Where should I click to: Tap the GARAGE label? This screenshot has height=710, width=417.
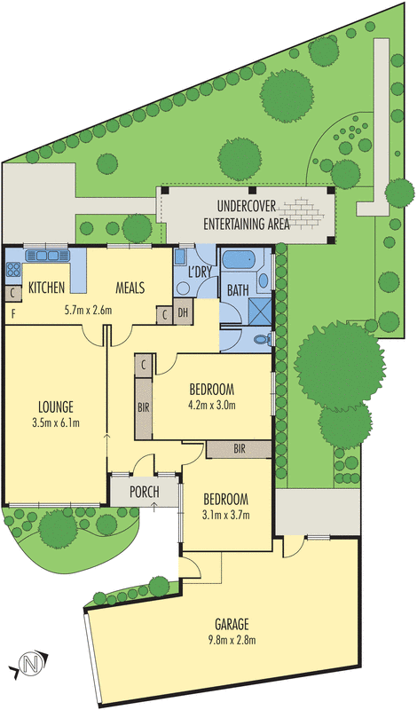point(232,625)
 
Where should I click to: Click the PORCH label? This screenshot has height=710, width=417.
point(145,492)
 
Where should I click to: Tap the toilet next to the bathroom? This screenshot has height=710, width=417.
point(264,338)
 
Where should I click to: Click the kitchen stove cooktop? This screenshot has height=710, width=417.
point(13,269)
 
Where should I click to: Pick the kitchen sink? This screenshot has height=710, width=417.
point(47,256)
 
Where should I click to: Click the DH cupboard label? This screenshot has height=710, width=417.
point(183,312)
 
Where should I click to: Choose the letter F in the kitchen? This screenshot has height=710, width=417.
point(12,315)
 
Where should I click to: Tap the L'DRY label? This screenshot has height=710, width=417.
point(200,272)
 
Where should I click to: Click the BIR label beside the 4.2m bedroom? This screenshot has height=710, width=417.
point(143,406)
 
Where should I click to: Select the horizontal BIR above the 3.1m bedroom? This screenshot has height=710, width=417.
point(240,449)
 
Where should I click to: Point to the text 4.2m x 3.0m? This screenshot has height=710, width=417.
point(212,406)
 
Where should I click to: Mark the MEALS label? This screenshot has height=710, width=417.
point(130,288)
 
